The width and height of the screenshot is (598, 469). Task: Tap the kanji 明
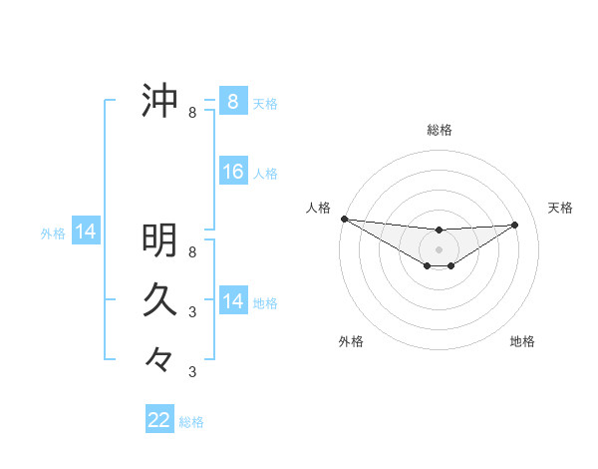[159, 239]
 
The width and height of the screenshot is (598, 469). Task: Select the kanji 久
[159, 298]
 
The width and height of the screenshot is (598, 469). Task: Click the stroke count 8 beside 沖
[192, 113]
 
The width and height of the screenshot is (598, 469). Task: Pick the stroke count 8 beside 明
[192, 251]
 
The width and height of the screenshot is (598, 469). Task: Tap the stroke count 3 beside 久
[192, 311]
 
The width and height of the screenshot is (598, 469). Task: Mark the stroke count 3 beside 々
[192, 371]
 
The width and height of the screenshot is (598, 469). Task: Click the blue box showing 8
[232, 102]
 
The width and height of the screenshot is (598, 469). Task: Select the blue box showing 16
[232, 172]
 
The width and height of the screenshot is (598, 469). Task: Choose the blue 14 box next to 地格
[232, 301]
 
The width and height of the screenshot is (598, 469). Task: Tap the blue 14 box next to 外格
[86, 233]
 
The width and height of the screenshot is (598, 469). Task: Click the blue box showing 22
[159, 420]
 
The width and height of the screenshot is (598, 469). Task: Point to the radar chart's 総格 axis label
[439, 130]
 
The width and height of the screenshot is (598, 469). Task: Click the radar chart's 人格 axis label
[318, 208]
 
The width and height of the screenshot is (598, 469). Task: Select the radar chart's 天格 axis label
[560, 208]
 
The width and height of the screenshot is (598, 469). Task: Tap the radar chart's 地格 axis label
[522, 341]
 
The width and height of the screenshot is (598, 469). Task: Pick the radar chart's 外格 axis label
[351, 341]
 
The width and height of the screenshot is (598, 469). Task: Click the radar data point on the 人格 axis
[344, 219]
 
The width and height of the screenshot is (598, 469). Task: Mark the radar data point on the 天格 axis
[515, 225]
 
